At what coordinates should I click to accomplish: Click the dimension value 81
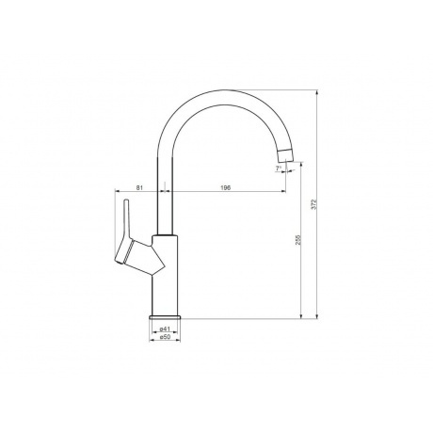pyautogui.click(x=139, y=187)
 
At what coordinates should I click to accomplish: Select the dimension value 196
pyautogui.click(x=226, y=187)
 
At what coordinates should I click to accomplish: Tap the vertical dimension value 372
pyautogui.click(x=315, y=204)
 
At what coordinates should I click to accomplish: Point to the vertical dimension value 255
pyautogui.click(x=298, y=240)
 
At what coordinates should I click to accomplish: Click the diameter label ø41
pyautogui.click(x=165, y=329)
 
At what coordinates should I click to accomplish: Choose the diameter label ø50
pyautogui.click(x=165, y=337)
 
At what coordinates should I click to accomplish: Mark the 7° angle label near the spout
pyautogui.click(x=279, y=168)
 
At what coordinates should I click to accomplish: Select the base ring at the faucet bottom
pyautogui.click(x=165, y=316)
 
